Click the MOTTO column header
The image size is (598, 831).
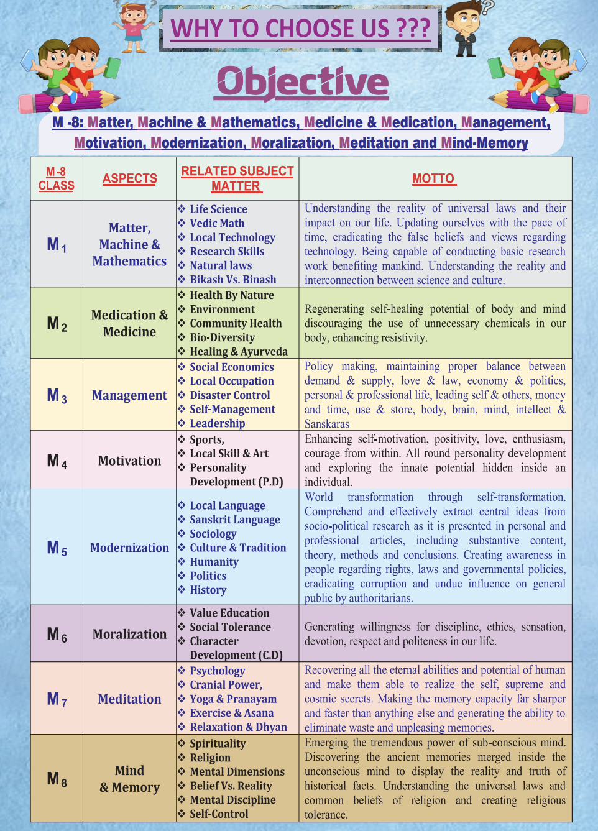(433, 179)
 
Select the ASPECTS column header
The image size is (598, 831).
(129, 179)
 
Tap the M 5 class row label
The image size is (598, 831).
(57, 548)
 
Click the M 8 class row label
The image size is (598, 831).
(57, 779)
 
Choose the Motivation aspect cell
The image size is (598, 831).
(129, 461)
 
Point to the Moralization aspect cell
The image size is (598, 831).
(129, 634)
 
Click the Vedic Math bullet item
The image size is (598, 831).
(217, 223)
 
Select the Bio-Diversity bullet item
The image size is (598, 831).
(222, 337)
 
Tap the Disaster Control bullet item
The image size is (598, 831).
(229, 395)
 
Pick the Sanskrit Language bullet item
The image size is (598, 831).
(234, 520)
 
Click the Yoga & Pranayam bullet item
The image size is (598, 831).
(233, 699)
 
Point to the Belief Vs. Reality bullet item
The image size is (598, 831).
(231, 786)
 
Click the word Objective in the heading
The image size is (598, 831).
(302, 82)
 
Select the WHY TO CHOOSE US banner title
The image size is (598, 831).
(300, 29)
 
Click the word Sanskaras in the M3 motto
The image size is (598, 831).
(327, 424)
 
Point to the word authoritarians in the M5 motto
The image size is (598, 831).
(377, 598)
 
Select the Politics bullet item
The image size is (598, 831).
(208, 576)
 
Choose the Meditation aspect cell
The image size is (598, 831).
(129, 699)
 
